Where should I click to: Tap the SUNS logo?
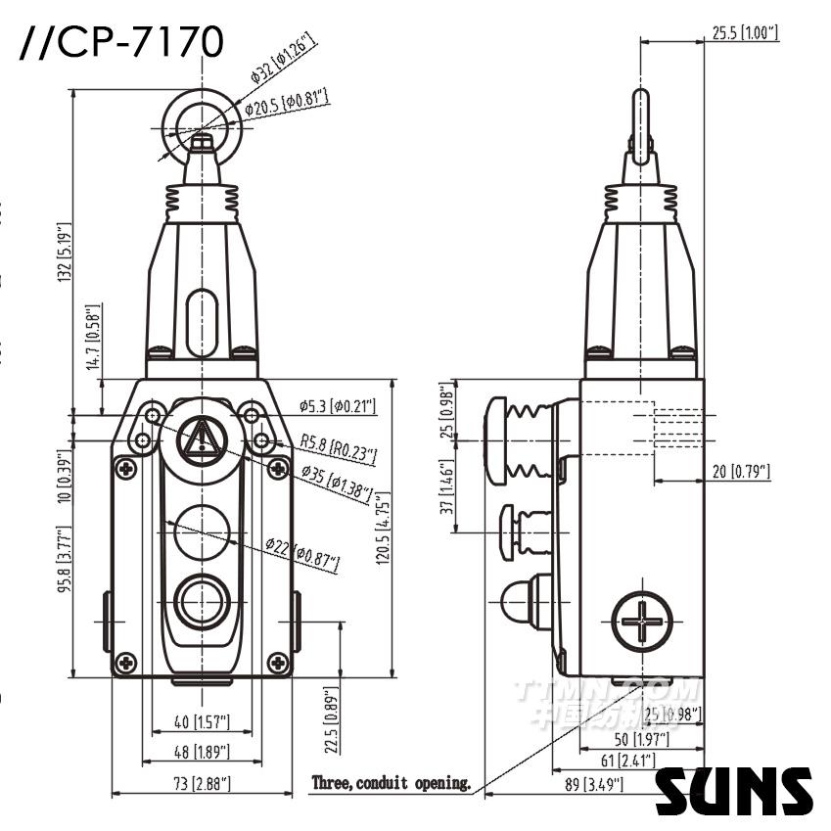tap(734, 791)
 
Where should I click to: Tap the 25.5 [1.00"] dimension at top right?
tap(741, 33)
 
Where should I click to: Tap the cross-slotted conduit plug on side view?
tap(642, 621)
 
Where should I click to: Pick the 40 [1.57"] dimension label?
tap(202, 722)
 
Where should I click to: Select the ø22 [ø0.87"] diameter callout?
tap(301, 553)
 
